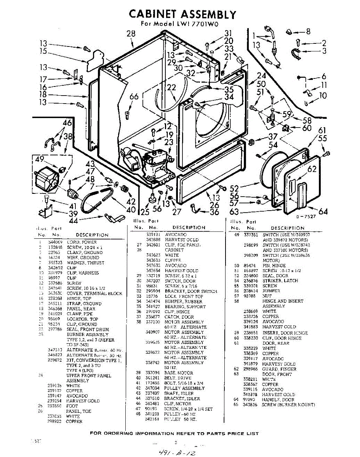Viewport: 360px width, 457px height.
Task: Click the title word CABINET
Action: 152,14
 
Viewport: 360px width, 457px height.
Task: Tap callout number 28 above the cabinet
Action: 131,34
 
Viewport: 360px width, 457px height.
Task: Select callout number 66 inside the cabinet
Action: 134,97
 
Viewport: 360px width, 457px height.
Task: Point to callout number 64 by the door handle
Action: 323,211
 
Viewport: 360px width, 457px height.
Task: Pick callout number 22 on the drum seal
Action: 172,88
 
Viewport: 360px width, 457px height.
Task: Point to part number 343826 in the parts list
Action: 251,404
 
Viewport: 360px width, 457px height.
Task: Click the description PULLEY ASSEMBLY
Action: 179,388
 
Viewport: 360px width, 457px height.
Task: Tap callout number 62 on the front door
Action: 312,169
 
